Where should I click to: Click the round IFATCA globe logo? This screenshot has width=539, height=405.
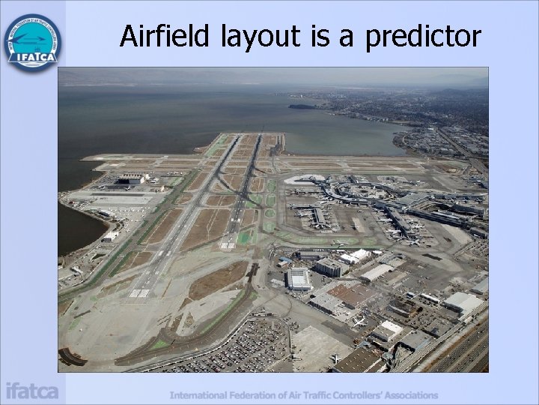(x=32, y=41)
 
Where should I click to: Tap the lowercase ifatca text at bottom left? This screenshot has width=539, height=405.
(x=31, y=391)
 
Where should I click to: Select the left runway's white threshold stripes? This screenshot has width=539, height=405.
(x=139, y=292)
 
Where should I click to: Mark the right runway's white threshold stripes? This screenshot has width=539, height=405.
(x=228, y=244)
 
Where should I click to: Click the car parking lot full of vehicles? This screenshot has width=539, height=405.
(x=247, y=349)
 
